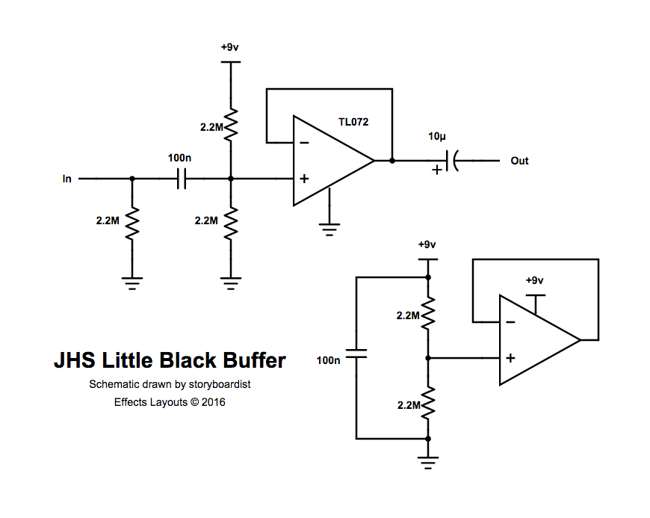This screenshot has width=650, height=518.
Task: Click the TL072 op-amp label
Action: pos(353,121)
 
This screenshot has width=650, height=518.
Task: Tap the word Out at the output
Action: pos(519,161)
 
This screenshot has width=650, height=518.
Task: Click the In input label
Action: pos(67,179)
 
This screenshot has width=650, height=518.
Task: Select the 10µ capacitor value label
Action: pos(438,136)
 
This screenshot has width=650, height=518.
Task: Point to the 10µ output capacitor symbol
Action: pos(451,160)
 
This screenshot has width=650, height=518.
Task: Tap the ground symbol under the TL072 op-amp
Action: pos(329,227)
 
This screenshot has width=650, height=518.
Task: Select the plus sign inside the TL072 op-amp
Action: pos(303,179)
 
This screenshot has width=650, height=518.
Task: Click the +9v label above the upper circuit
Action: pos(230,47)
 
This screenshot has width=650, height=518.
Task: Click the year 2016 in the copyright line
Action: pos(213,401)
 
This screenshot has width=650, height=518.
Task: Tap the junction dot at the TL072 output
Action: pos(391,161)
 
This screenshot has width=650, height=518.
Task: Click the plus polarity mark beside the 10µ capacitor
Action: pos(436,170)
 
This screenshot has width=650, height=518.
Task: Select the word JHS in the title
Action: pos(73,361)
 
